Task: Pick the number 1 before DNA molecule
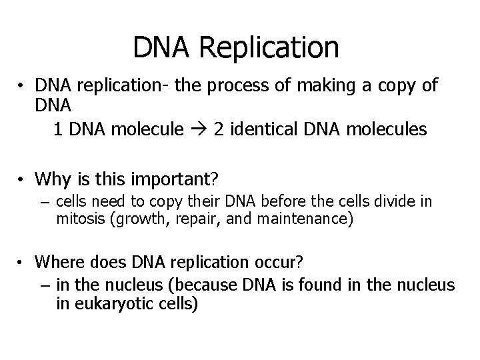[59, 129]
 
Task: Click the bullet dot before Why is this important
[22, 179]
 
